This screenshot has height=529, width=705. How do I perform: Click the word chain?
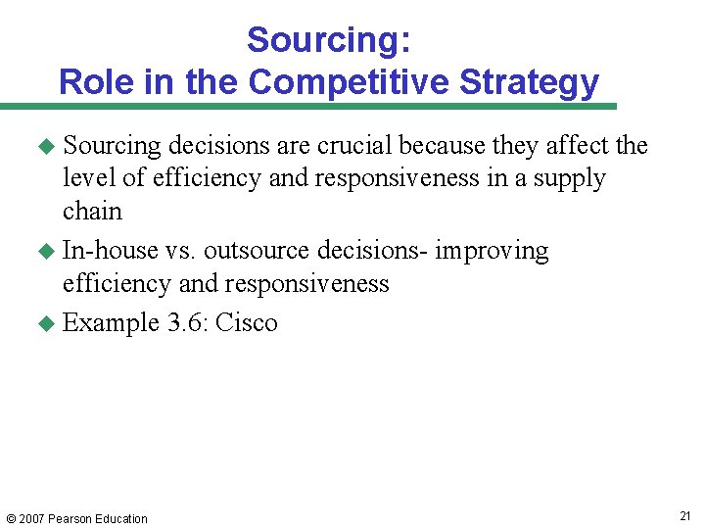pos(92,212)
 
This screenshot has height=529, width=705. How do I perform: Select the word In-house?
pos(110,251)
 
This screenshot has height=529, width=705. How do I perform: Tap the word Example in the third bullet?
pos(110,323)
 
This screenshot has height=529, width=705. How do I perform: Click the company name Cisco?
pos(247,323)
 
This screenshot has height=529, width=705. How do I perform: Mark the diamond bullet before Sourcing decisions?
pos(45,147)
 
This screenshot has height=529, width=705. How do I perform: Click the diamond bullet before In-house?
pos(45,252)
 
